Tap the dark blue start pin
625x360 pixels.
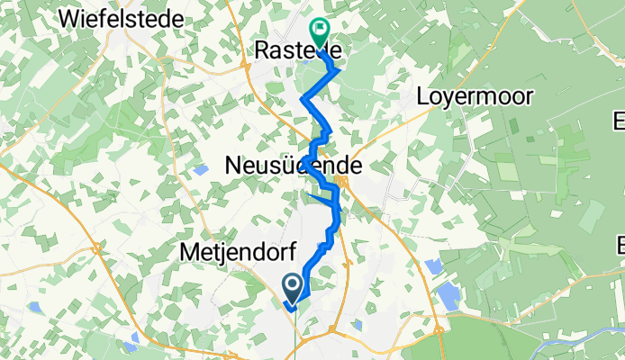[294, 289]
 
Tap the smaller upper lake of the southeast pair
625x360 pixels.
[433, 266]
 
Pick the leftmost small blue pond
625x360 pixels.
[33, 307]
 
